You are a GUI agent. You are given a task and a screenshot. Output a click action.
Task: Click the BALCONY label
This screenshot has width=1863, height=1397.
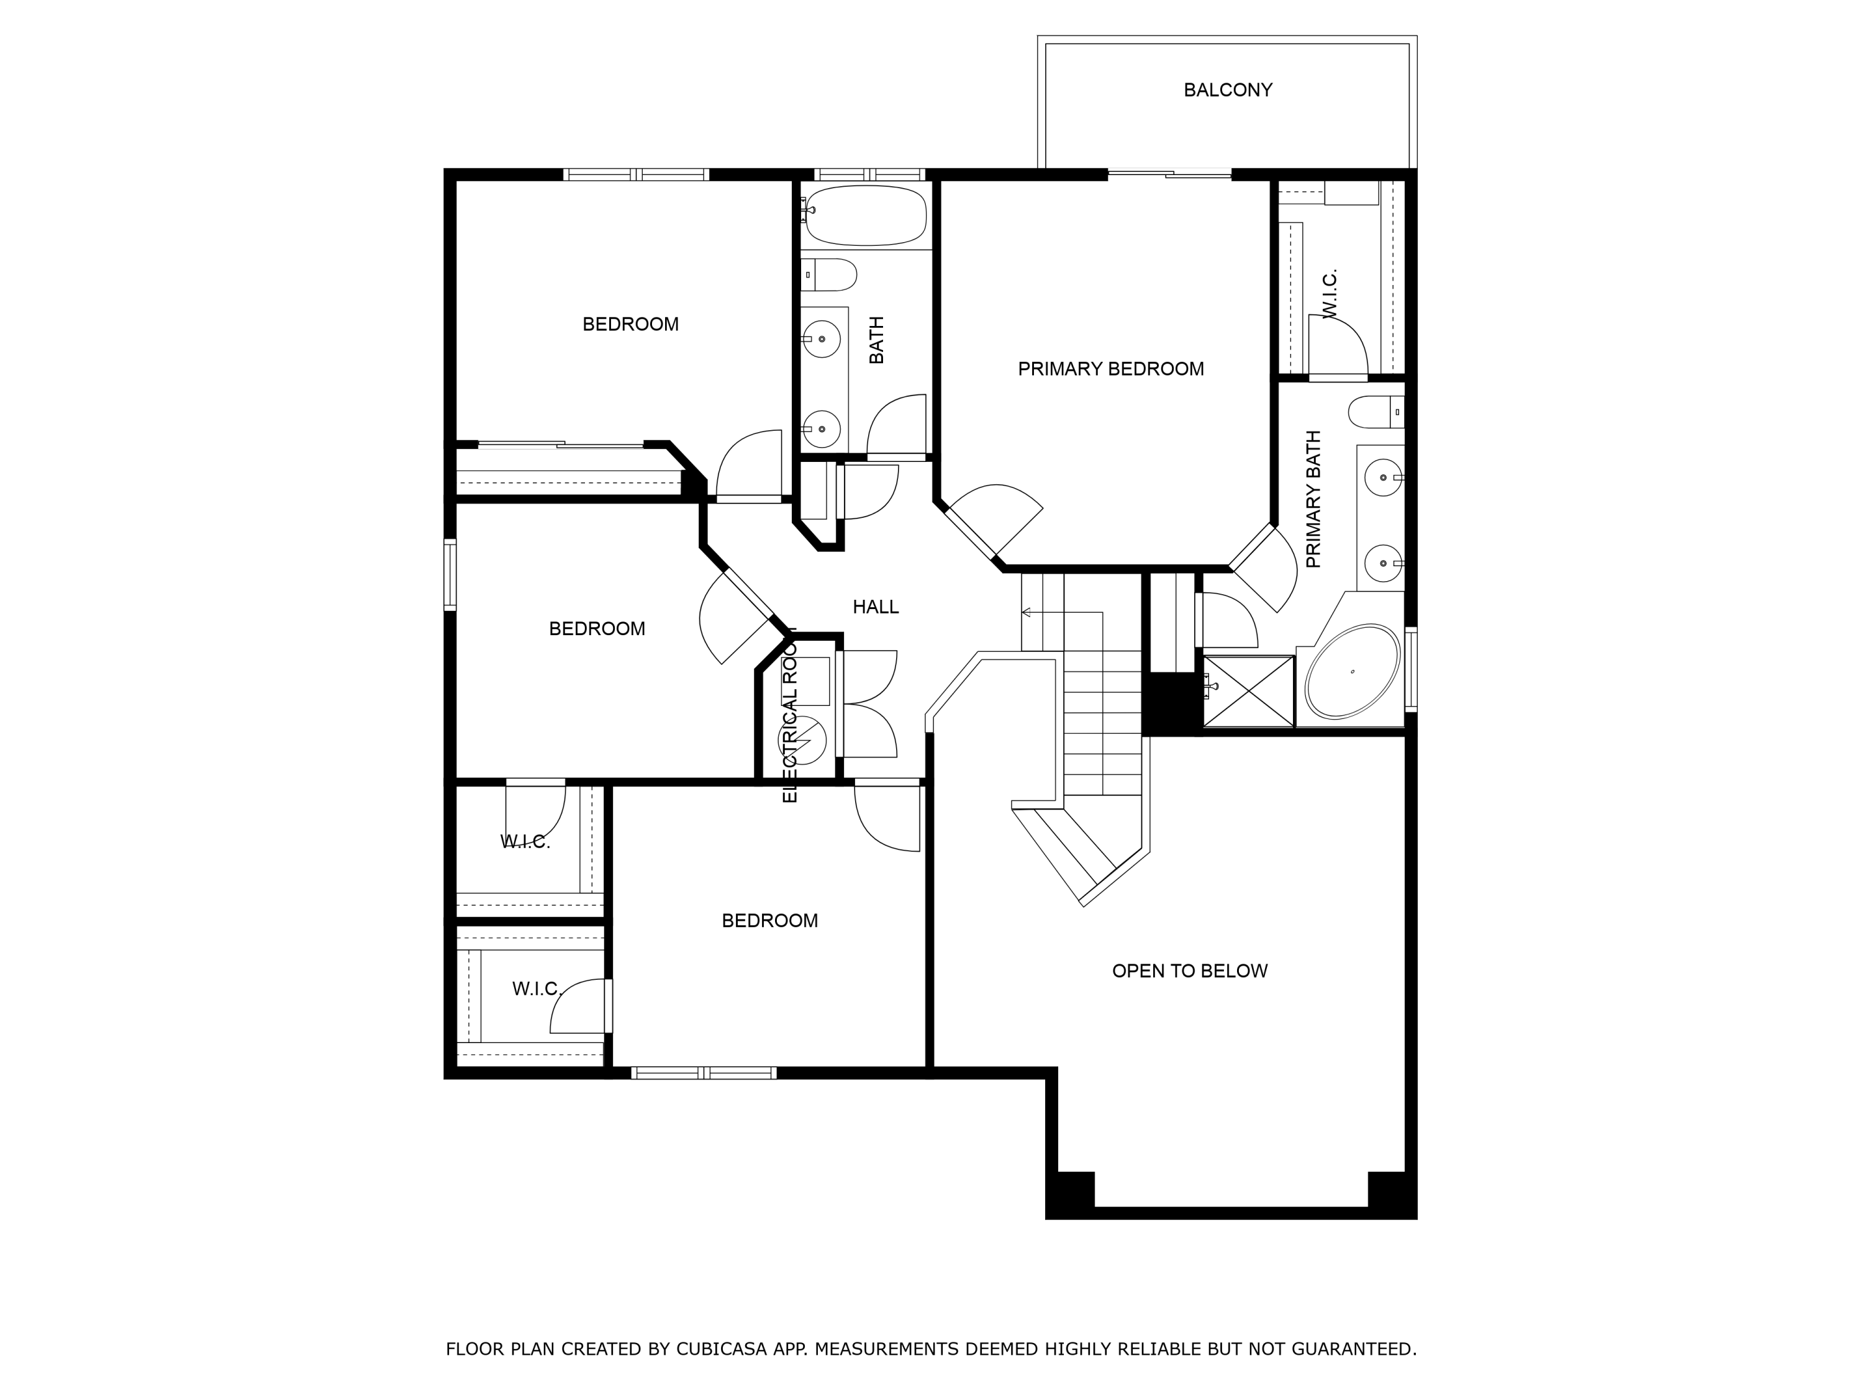point(1227,90)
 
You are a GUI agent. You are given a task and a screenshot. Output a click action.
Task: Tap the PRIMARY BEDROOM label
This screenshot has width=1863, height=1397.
point(1110,369)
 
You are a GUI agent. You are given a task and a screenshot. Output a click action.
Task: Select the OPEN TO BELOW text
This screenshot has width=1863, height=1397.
point(1189,971)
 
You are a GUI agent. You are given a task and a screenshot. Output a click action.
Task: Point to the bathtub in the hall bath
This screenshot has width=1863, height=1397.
point(866,215)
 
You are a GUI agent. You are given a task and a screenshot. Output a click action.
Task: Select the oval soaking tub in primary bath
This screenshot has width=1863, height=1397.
point(1352,671)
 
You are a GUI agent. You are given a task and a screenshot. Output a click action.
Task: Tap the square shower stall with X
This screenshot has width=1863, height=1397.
point(1248,690)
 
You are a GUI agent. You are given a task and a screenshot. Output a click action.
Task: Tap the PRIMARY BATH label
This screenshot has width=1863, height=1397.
point(1313,499)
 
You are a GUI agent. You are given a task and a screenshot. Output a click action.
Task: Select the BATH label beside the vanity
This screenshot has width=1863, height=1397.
point(877,340)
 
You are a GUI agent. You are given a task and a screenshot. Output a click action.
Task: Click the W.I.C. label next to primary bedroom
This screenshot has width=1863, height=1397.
point(1330,295)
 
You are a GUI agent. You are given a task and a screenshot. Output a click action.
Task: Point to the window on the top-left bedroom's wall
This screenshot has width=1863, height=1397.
point(636,175)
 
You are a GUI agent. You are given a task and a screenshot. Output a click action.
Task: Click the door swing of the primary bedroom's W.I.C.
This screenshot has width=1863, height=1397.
point(1338,345)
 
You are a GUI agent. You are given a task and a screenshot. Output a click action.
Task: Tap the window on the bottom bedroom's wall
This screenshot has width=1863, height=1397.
point(703,1073)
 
